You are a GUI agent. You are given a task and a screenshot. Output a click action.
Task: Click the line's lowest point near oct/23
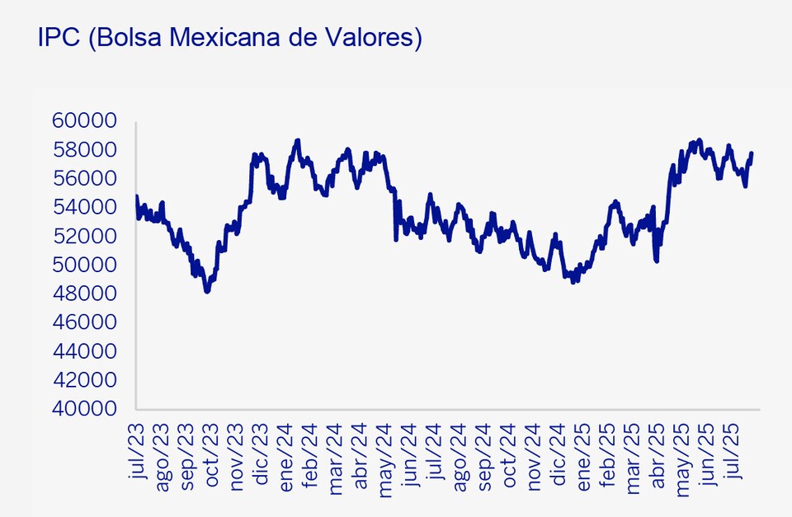(x=207, y=291)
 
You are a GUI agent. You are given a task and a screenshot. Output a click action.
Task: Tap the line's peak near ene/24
(x=298, y=141)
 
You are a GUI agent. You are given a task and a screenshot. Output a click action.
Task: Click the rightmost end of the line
(x=751, y=153)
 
